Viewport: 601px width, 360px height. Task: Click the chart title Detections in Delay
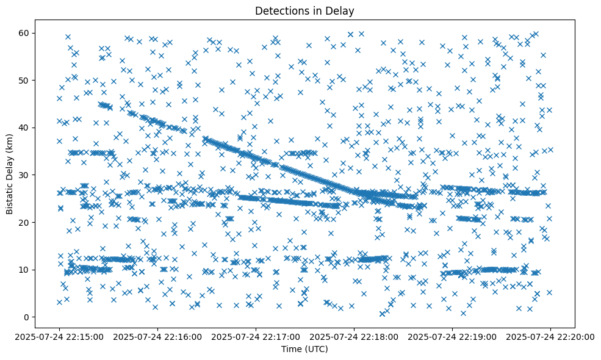pyautogui.click(x=304, y=10)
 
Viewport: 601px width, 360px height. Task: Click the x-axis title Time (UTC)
pyautogui.click(x=304, y=349)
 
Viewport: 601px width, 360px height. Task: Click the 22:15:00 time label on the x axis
pyautogui.click(x=59, y=336)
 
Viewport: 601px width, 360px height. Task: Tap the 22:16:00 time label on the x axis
pyautogui.click(x=157, y=336)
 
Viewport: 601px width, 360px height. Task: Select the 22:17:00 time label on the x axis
pyautogui.click(x=256, y=336)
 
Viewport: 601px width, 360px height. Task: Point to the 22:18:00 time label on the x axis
pyautogui.click(x=354, y=336)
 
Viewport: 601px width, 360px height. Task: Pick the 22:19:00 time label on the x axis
pyautogui.click(x=453, y=336)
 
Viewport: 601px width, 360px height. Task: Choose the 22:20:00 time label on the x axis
pyautogui.click(x=551, y=336)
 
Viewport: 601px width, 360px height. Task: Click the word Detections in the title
pyautogui.click(x=281, y=10)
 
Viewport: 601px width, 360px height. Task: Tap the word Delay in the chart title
pyautogui.click(x=342, y=10)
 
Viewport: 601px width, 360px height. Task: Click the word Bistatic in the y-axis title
pyautogui.click(x=10, y=196)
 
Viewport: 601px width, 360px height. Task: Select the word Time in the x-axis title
pyautogui.click(x=291, y=349)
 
